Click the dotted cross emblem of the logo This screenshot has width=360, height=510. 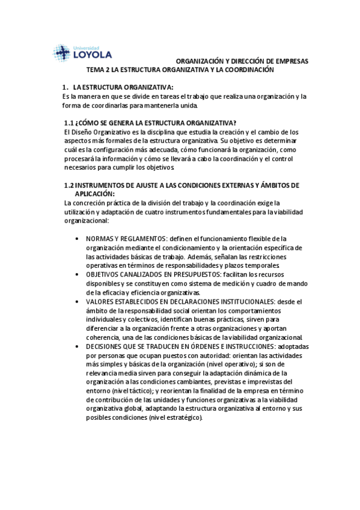tap(62, 54)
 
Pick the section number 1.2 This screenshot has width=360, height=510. tap(69, 186)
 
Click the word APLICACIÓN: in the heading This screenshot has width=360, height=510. tap(94, 194)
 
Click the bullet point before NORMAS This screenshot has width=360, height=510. tap(76, 239)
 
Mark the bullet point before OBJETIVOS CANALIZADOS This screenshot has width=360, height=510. tap(76, 274)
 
